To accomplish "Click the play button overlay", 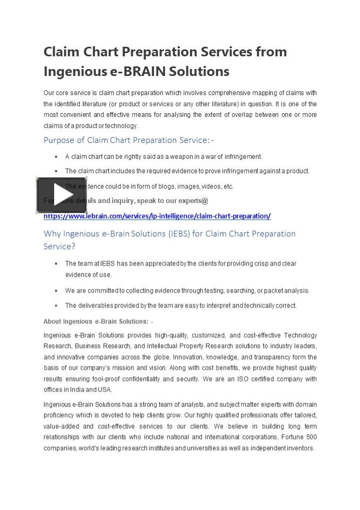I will tap(61, 195).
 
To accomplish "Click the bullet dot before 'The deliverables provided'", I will tap(56, 305).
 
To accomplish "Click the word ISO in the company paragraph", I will tap(254, 379).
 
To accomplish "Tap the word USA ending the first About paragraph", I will tap(105, 389).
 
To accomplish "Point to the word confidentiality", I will tap(140, 379).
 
